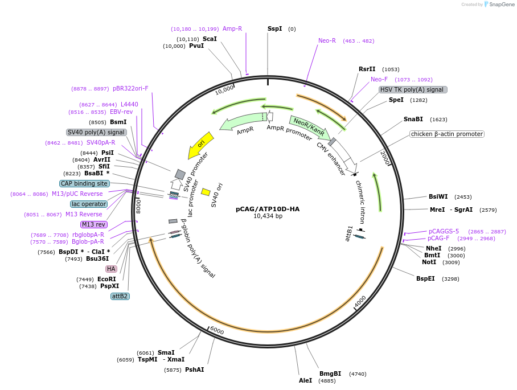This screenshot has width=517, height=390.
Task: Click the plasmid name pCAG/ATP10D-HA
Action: click(x=268, y=209)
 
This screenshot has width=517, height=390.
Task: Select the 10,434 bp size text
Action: click(x=268, y=216)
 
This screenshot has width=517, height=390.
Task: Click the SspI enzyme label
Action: click(x=275, y=28)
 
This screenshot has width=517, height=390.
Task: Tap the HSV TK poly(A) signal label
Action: click(x=413, y=89)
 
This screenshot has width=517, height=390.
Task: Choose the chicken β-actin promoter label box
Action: click(x=447, y=134)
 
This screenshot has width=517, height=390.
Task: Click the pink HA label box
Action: click(x=111, y=269)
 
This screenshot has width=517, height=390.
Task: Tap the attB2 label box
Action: click(x=120, y=296)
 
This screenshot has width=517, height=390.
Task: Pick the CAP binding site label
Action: click(x=84, y=183)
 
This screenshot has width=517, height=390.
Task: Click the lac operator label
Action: click(x=89, y=204)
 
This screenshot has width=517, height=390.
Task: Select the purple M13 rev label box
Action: click(x=93, y=224)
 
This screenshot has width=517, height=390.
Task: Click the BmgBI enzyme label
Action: click(x=330, y=373)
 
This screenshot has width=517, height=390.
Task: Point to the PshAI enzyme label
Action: click(x=195, y=370)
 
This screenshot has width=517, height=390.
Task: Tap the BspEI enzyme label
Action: click(x=425, y=278)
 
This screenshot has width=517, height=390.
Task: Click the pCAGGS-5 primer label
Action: click(x=444, y=231)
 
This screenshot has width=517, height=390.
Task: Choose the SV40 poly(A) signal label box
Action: click(x=96, y=132)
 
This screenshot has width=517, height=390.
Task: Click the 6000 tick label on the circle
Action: click(x=217, y=330)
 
